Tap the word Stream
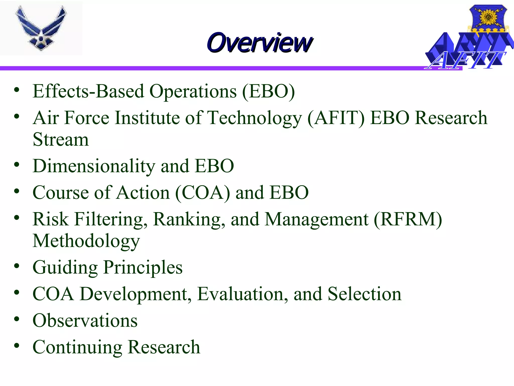(x=61, y=139)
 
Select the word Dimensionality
(x=94, y=166)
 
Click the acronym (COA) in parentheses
(x=202, y=193)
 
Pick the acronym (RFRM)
(x=408, y=219)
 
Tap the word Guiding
(x=65, y=268)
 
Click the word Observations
(x=85, y=320)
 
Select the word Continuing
(x=77, y=347)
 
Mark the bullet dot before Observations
(x=17, y=319)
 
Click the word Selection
(x=364, y=294)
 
